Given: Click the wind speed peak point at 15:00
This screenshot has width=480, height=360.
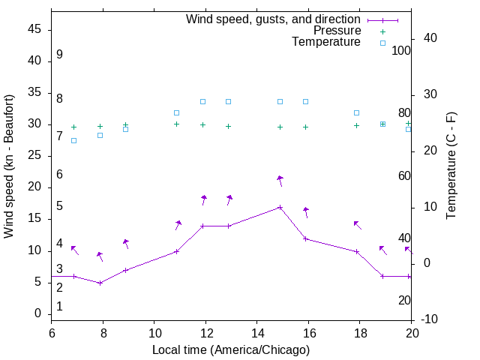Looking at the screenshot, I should point(280,207).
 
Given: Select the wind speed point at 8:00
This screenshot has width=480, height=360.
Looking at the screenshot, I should point(100,283).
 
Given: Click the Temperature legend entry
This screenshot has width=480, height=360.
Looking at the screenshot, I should point(326,42).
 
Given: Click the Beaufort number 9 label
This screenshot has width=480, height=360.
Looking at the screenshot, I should point(59,55).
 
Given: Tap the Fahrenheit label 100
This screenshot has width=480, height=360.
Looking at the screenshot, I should point(402,50).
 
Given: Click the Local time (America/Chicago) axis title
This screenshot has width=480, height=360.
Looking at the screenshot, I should point(231,349).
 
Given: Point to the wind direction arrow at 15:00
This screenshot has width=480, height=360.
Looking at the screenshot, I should point(280,180).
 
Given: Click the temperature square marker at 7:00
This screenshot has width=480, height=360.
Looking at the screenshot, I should point(73,140).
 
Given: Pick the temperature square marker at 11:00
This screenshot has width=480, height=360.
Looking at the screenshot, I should point(177,112).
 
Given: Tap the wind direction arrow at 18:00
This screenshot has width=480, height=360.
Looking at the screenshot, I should point(358,224).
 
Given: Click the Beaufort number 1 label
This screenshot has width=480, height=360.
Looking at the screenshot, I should point(59,307).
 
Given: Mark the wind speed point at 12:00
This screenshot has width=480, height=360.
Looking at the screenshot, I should point(202,226).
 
